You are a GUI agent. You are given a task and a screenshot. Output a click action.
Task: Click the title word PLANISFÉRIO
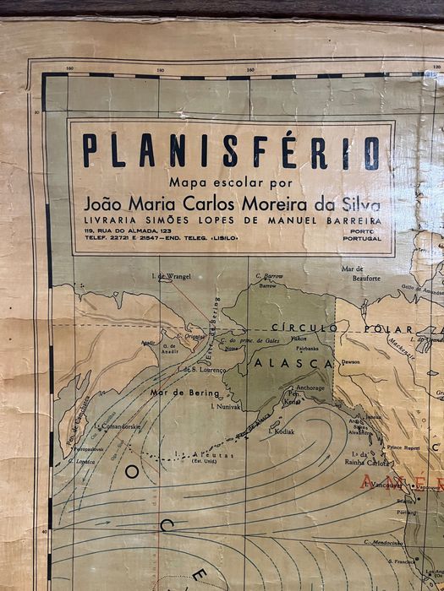point(231,152)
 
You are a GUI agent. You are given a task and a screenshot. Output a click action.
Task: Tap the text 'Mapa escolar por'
point(219,182)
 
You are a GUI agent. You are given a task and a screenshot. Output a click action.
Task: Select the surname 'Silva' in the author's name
point(361,204)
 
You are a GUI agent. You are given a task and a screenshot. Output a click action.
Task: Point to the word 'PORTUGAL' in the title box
point(365,238)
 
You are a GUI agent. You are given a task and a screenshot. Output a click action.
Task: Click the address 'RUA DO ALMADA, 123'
point(136,230)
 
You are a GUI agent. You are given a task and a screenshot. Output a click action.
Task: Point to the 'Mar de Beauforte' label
point(359,274)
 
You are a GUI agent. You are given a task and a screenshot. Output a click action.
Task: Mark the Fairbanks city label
point(307,347)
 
